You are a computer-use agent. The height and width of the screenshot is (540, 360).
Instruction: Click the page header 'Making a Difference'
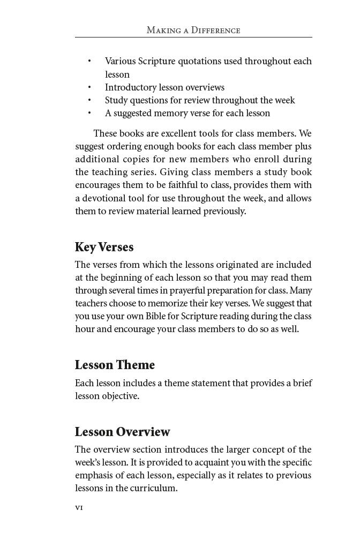click(x=193, y=30)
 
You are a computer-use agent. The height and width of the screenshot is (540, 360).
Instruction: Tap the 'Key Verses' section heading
click(x=104, y=247)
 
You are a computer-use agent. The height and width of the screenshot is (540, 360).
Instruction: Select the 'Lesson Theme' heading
click(x=115, y=365)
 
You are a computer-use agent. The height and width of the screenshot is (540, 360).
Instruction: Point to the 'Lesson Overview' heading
click(x=122, y=432)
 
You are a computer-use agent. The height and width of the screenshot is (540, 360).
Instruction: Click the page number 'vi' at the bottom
click(x=79, y=507)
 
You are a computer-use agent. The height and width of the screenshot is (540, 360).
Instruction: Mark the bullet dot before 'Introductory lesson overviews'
click(x=89, y=87)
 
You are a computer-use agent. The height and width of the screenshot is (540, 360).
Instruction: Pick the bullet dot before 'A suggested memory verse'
click(x=89, y=113)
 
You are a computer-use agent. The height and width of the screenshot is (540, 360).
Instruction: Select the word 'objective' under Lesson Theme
click(x=121, y=396)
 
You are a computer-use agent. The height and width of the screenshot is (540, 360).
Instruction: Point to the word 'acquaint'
click(x=193, y=462)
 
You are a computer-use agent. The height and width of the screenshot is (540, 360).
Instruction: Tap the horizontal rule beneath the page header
click(x=193, y=37)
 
